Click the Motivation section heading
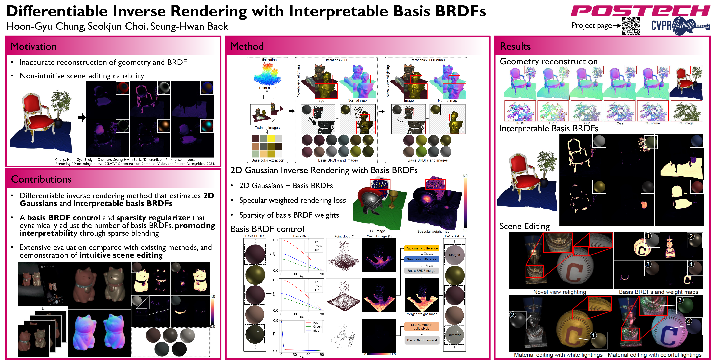(34, 46)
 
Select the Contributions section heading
(41, 179)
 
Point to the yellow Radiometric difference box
(421, 248)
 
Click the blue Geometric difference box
(421, 259)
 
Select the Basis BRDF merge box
(421, 271)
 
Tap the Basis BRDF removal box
(422, 340)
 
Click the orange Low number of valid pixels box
(421, 327)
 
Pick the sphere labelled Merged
(454, 255)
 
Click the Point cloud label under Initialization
(268, 88)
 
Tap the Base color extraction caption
(268, 160)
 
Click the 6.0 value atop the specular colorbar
(465, 176)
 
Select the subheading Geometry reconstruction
(548, 61)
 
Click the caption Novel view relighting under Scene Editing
(560, 292)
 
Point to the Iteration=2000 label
(337, 60)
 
